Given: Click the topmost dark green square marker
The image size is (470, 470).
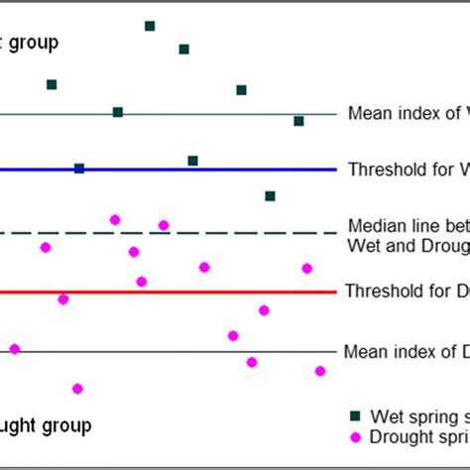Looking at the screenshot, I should pyautogui.click(x=150, y=26).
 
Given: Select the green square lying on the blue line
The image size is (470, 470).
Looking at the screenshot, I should pyautogui.click(x=79, y=169).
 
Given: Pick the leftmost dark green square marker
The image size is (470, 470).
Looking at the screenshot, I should pyautogui.click(x=52, y=85).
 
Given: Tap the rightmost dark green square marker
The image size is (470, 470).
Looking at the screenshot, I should pyautogui.click(x=298, y=121).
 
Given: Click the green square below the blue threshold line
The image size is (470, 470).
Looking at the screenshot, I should pyautogui.click(x=270, y=196).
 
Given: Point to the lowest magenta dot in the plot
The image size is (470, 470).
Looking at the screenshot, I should pyautogui.click(x=77, y=389).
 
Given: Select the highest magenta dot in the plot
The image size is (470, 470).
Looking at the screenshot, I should pyautogui.click(x=115, y=219).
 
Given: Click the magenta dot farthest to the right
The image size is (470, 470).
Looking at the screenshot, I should pyautogui.click(x=319, y=371).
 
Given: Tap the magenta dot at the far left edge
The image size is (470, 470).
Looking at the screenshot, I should pyautogui.click(x=14, y=349).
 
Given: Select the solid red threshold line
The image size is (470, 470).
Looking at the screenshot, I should pyautogui.click(x=198, y=293).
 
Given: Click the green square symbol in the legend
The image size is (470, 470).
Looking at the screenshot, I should pyautogui.click(x=355, y=415).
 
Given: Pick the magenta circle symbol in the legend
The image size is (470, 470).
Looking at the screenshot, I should pyautogui.click(x=355, y=436).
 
